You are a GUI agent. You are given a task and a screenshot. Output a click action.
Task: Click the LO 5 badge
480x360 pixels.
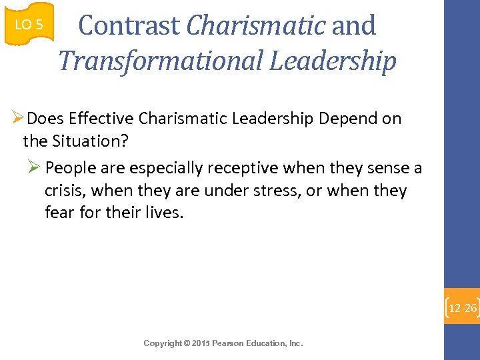pyautogui.click(x=29, y=25)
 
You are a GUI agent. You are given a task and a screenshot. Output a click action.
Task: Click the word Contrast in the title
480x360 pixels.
pyautogui.click(x=129, y=26)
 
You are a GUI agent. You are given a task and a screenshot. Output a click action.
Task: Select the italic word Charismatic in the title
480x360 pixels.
pyautogui.click(x=255, y=26)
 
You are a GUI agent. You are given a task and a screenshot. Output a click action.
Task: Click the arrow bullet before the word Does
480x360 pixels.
pyautogui.click(x=18, y=119)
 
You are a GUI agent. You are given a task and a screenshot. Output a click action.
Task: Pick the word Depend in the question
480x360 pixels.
pyautogui.click(x=347, y=119)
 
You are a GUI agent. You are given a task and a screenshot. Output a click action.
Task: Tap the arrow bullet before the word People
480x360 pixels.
pyautogui.click(x=37, y=167)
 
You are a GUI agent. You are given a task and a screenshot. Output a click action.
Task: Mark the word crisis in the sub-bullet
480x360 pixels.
pyautogui.click(x=64, y=191)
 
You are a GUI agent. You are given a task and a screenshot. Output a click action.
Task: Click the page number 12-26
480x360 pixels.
pyautogui.click(x=463, y=308)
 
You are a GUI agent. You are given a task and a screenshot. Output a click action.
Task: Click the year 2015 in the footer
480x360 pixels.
pyautogui.click(x=200, y=343)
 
